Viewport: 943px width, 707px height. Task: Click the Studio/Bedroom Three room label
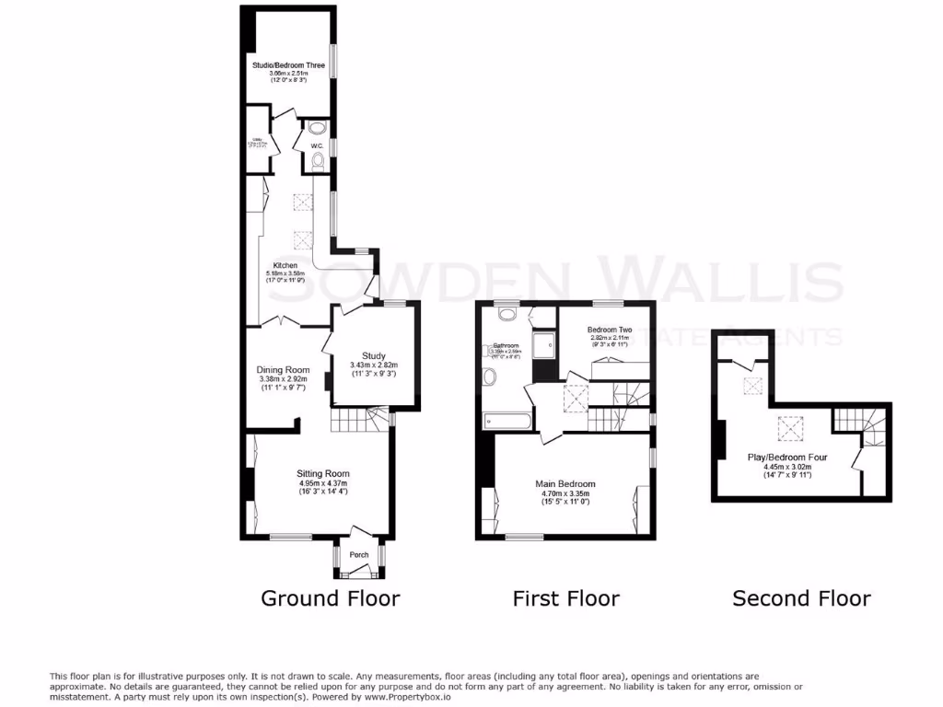click(288, 65)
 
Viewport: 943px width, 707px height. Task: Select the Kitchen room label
click(285, 265)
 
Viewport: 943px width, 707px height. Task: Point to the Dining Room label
click(283, 370)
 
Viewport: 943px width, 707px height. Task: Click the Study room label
click(373, 356)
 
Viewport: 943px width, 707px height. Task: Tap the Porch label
click(358, 555)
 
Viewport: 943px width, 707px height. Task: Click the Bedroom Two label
click(610, 330)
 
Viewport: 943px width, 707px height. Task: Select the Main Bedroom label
click(565, 483)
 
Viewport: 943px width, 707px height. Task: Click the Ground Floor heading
click(331, 598)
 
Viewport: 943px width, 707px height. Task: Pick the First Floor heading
click(565, 598)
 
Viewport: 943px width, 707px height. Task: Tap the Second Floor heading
click(801, 598)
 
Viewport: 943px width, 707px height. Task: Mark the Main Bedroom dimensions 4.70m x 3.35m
click(565, 493)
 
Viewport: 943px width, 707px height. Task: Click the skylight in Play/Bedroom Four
click(789, 426)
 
